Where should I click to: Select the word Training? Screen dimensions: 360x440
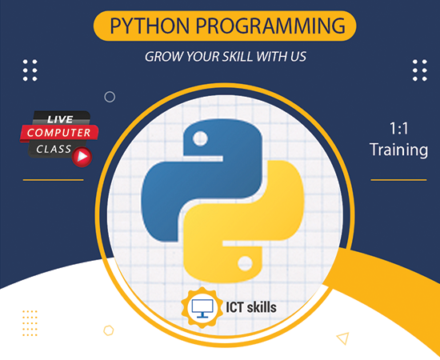(398, 150)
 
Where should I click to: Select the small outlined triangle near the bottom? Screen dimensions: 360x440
(342, 338)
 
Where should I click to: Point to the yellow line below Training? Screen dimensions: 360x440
(398, 180)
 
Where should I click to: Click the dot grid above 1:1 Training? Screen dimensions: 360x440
(418, 70)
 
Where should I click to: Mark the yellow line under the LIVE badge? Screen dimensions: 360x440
(53, 179)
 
